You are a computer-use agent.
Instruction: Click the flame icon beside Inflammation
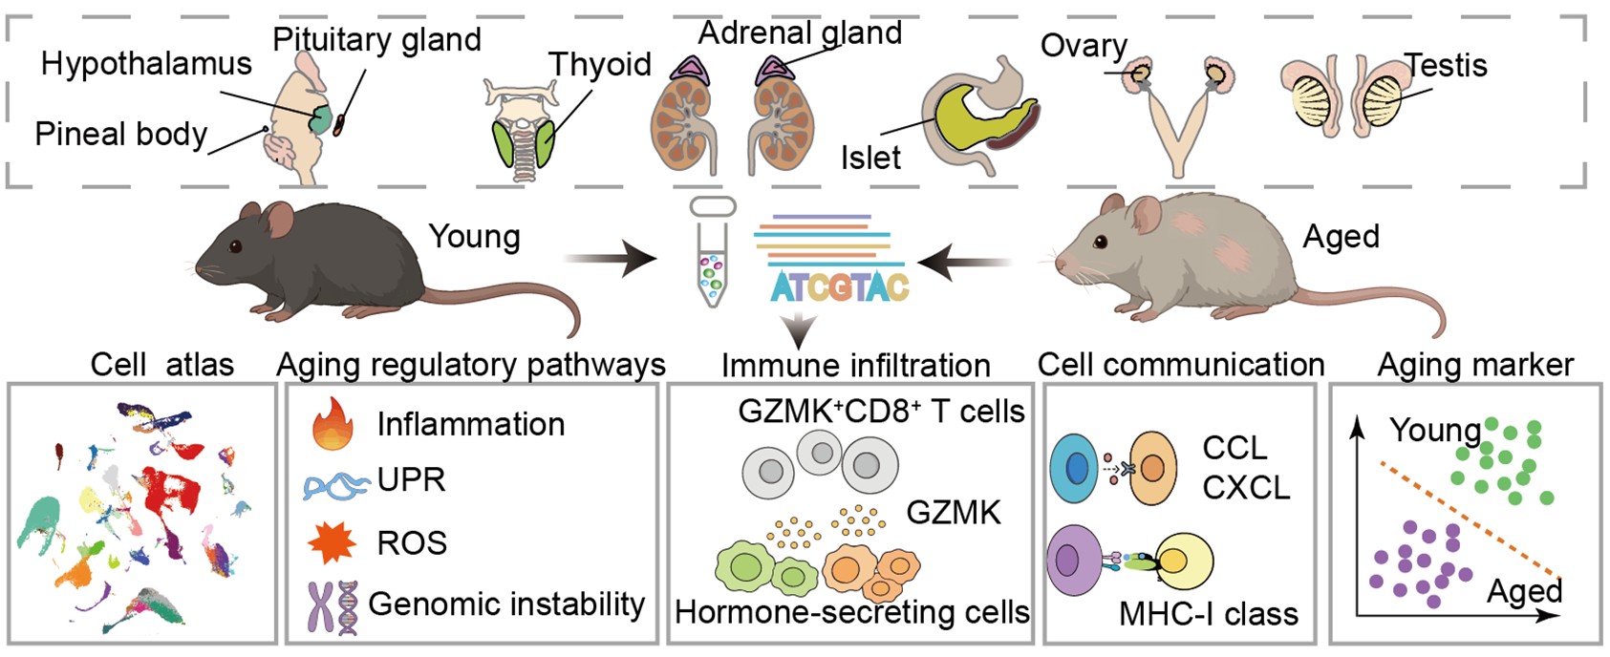coord(332,425)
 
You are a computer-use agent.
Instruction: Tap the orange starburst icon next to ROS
coord(332,542)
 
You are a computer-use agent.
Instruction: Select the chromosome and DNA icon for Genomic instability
coord(333,605)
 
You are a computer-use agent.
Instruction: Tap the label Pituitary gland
coord(376,40)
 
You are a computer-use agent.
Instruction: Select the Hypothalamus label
coord(146,64)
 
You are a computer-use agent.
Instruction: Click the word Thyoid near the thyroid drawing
coord(599,65)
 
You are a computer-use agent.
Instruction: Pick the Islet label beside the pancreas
coord(870,158)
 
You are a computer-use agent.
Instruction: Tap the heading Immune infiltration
coord(855,365)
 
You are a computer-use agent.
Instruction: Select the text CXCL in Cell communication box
coord(1246,488)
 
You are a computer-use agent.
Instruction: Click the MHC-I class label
coord(1208,614)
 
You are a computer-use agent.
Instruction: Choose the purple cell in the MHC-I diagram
coord(1077,562)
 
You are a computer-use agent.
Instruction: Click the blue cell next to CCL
coord(1077,468)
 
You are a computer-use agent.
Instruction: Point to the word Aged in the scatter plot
coord(1524,591)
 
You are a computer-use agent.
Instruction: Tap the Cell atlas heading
coord(161,364)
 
